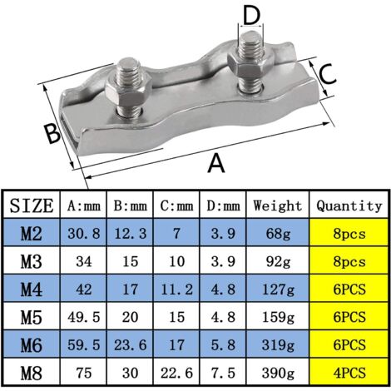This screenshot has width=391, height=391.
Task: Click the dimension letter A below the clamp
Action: click(x=216, y=163)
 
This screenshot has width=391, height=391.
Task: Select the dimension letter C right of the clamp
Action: click(x=328, y=73)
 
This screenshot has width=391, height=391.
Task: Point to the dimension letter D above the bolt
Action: click(x=252, y=14)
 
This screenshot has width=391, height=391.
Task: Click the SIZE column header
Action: click(x=32, y=205)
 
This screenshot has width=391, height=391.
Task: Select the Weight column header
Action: click(x=278, y=205)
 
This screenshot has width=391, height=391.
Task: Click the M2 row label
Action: click(x=32, y=234)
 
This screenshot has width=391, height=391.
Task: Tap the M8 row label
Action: click(x=32, y=372)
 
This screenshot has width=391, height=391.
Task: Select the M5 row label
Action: click(x=32, y=317)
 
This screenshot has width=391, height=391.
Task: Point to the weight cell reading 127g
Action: click(x=278, y=290)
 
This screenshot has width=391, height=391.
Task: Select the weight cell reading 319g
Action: click(x=278, y=344)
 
